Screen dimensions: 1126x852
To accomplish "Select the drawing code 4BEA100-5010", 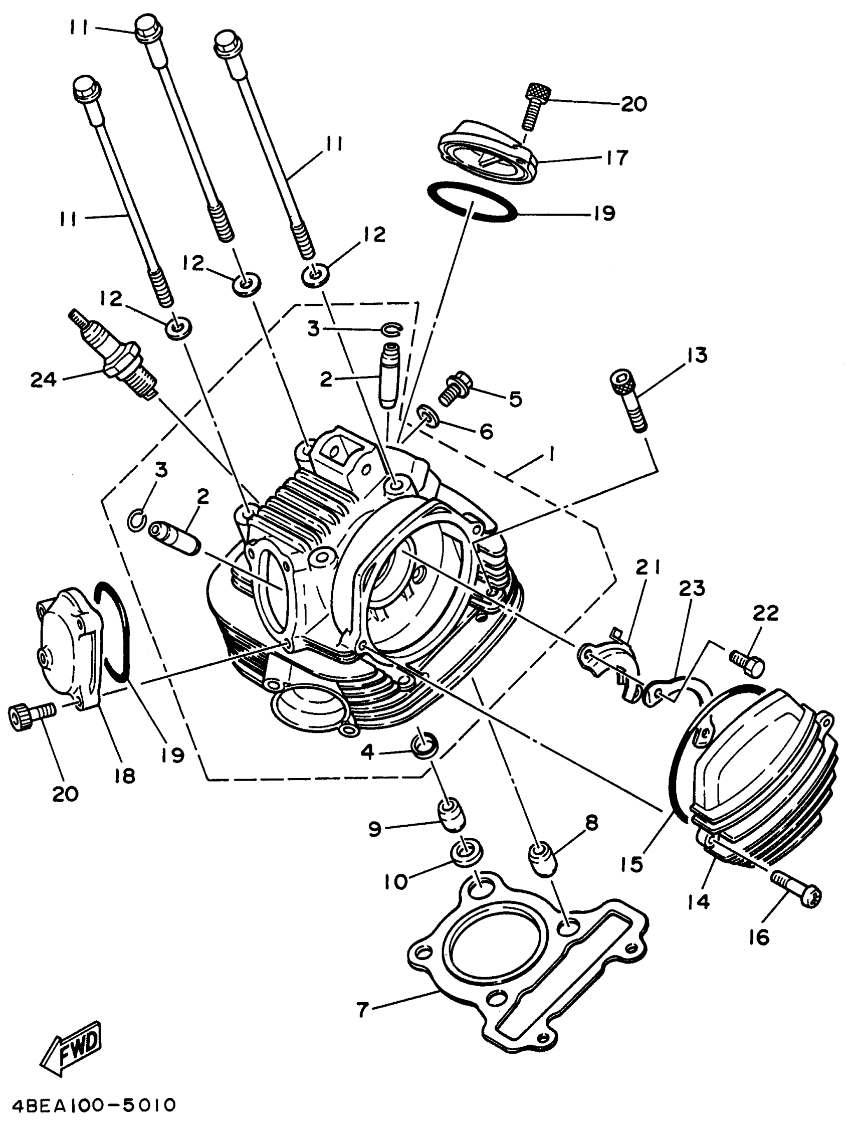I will tap(90, 1104).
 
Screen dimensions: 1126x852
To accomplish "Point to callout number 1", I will tap(550, 454).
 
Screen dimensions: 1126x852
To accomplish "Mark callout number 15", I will tap(631, 863).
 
